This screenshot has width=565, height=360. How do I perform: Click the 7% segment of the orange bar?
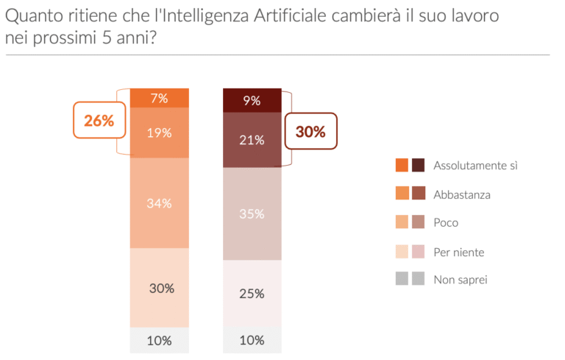pyautogui.click(x=160, y=98)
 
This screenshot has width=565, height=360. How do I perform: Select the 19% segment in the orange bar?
pyautogui.click(x=160, y=133)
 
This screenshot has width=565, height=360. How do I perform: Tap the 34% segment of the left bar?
pyautogui.click(x=160, y=203)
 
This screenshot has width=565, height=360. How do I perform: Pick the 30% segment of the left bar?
pyautogui.click(x=160, y=288)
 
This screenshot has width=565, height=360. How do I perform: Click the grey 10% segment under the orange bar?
pyautogui.click(x=160, y=340)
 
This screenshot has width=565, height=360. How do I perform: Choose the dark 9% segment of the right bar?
pyautogui.click(x=252, y=100)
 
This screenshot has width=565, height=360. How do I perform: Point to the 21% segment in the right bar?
pyautogui.click(x=252, y=140)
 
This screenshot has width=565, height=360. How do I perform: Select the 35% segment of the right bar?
pyautogui.click(x=252, y=214)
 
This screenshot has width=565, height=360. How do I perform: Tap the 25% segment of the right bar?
pyautogui.click(x=252, y=294)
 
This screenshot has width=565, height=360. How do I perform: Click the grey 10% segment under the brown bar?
pyautogui.click(x=252, y=340)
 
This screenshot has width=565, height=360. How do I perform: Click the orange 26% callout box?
pyautogui.click(x=99, y=121)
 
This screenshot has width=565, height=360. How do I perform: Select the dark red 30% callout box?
pyautogui.click(x=310, y=132)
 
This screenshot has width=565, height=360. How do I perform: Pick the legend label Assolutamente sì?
pyautogui.click(x=475, y=165)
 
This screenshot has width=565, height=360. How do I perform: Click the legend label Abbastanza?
pyautogui.click(x=462, y=194)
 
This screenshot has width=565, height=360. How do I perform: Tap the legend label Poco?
pyautogui.click(x=446, y=222)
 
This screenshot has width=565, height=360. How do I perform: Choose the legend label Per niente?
pyautogui.click(x=459, y=252)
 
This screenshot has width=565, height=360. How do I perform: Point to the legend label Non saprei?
pyautogui.click(x=461, y=279)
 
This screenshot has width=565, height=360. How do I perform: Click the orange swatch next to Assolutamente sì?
pyautogui.click(x=402, y=165)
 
